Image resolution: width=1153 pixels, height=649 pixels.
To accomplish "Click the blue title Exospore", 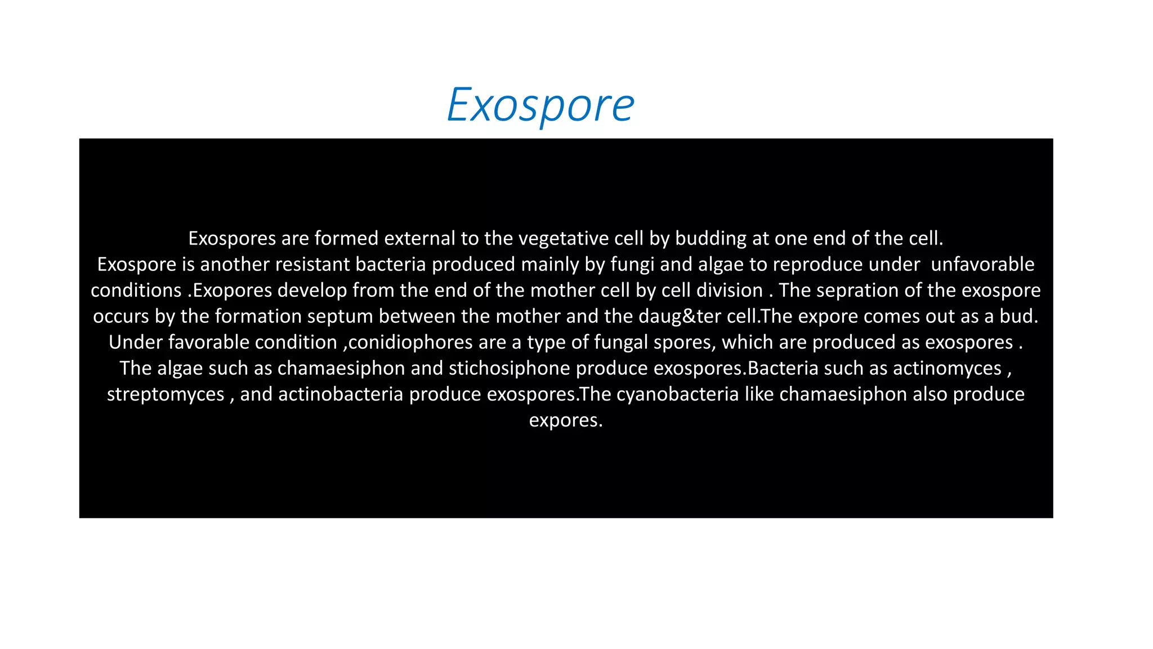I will [x=540, y=105].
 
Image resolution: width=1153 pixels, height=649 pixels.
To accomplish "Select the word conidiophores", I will [x=410, y=342].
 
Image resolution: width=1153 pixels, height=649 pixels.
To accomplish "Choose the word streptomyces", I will [x=166, y=394].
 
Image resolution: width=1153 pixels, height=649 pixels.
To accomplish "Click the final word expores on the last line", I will [x=565, y=420].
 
